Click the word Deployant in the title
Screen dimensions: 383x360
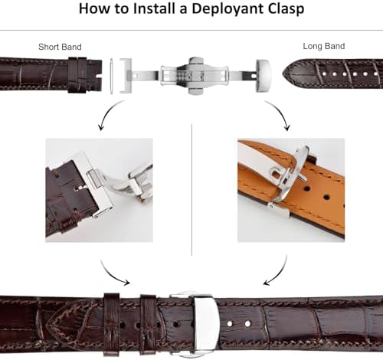point(228,9)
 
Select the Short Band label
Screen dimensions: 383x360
point(60,47)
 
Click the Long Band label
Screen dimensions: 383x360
point(324,46)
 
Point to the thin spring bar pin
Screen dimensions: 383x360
point(111,76)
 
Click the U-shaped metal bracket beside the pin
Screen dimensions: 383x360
point(126,76)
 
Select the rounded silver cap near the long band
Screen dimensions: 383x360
point(263,76)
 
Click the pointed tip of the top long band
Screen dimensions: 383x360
point(283,74)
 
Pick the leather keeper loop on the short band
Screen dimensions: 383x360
point(77,75)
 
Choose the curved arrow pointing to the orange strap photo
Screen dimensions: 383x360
point(280,113)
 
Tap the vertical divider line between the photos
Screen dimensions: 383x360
point(191,190)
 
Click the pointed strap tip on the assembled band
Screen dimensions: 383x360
point(48,323)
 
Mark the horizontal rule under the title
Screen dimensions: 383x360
point(191,31)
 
